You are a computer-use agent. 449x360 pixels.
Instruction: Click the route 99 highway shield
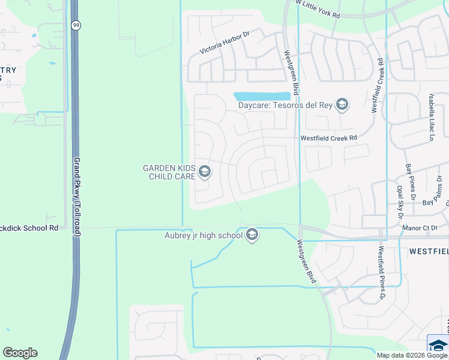[75, 25]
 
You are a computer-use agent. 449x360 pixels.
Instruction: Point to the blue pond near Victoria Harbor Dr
[261, 96]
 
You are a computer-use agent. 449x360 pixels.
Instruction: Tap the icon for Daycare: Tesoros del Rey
[342, 106]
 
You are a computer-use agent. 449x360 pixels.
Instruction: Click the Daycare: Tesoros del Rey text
[285, 106]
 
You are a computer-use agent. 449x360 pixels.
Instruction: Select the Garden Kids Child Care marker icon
[205, 172]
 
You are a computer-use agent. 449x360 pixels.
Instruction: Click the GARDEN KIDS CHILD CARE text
[169, 172]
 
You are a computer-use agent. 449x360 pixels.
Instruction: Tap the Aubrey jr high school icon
[252, 235]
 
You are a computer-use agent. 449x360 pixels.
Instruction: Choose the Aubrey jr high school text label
[203, 235]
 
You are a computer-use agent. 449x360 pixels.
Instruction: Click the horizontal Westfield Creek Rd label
[329, 137]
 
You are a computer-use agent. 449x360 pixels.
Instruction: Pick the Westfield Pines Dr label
[381, 272]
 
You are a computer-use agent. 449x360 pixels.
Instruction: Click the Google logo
[20, 353]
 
